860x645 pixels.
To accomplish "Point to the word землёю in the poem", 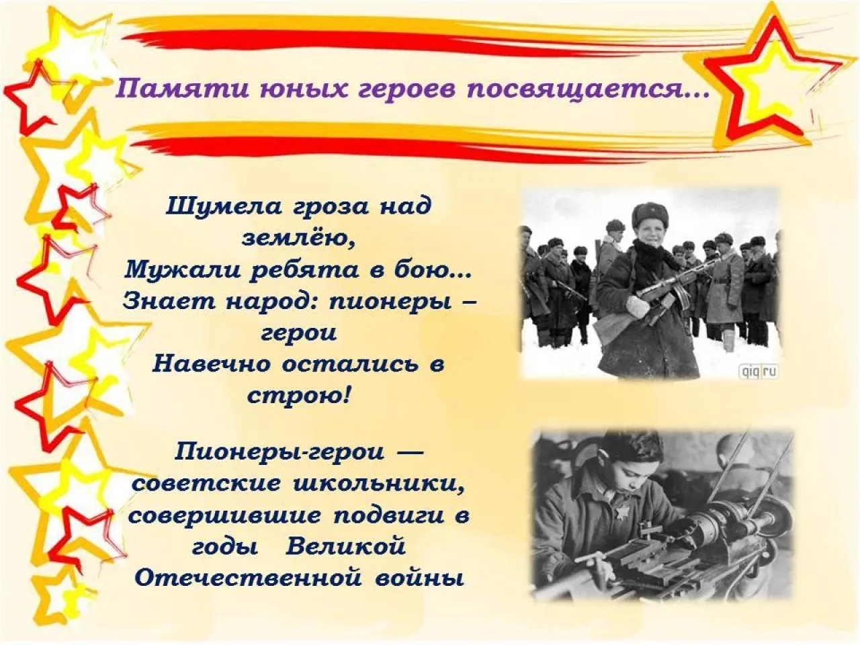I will click(x=298, y=238).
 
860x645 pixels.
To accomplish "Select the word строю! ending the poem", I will click(x=299, y=396).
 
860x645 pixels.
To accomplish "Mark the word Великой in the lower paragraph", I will click(x=346, y=546).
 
